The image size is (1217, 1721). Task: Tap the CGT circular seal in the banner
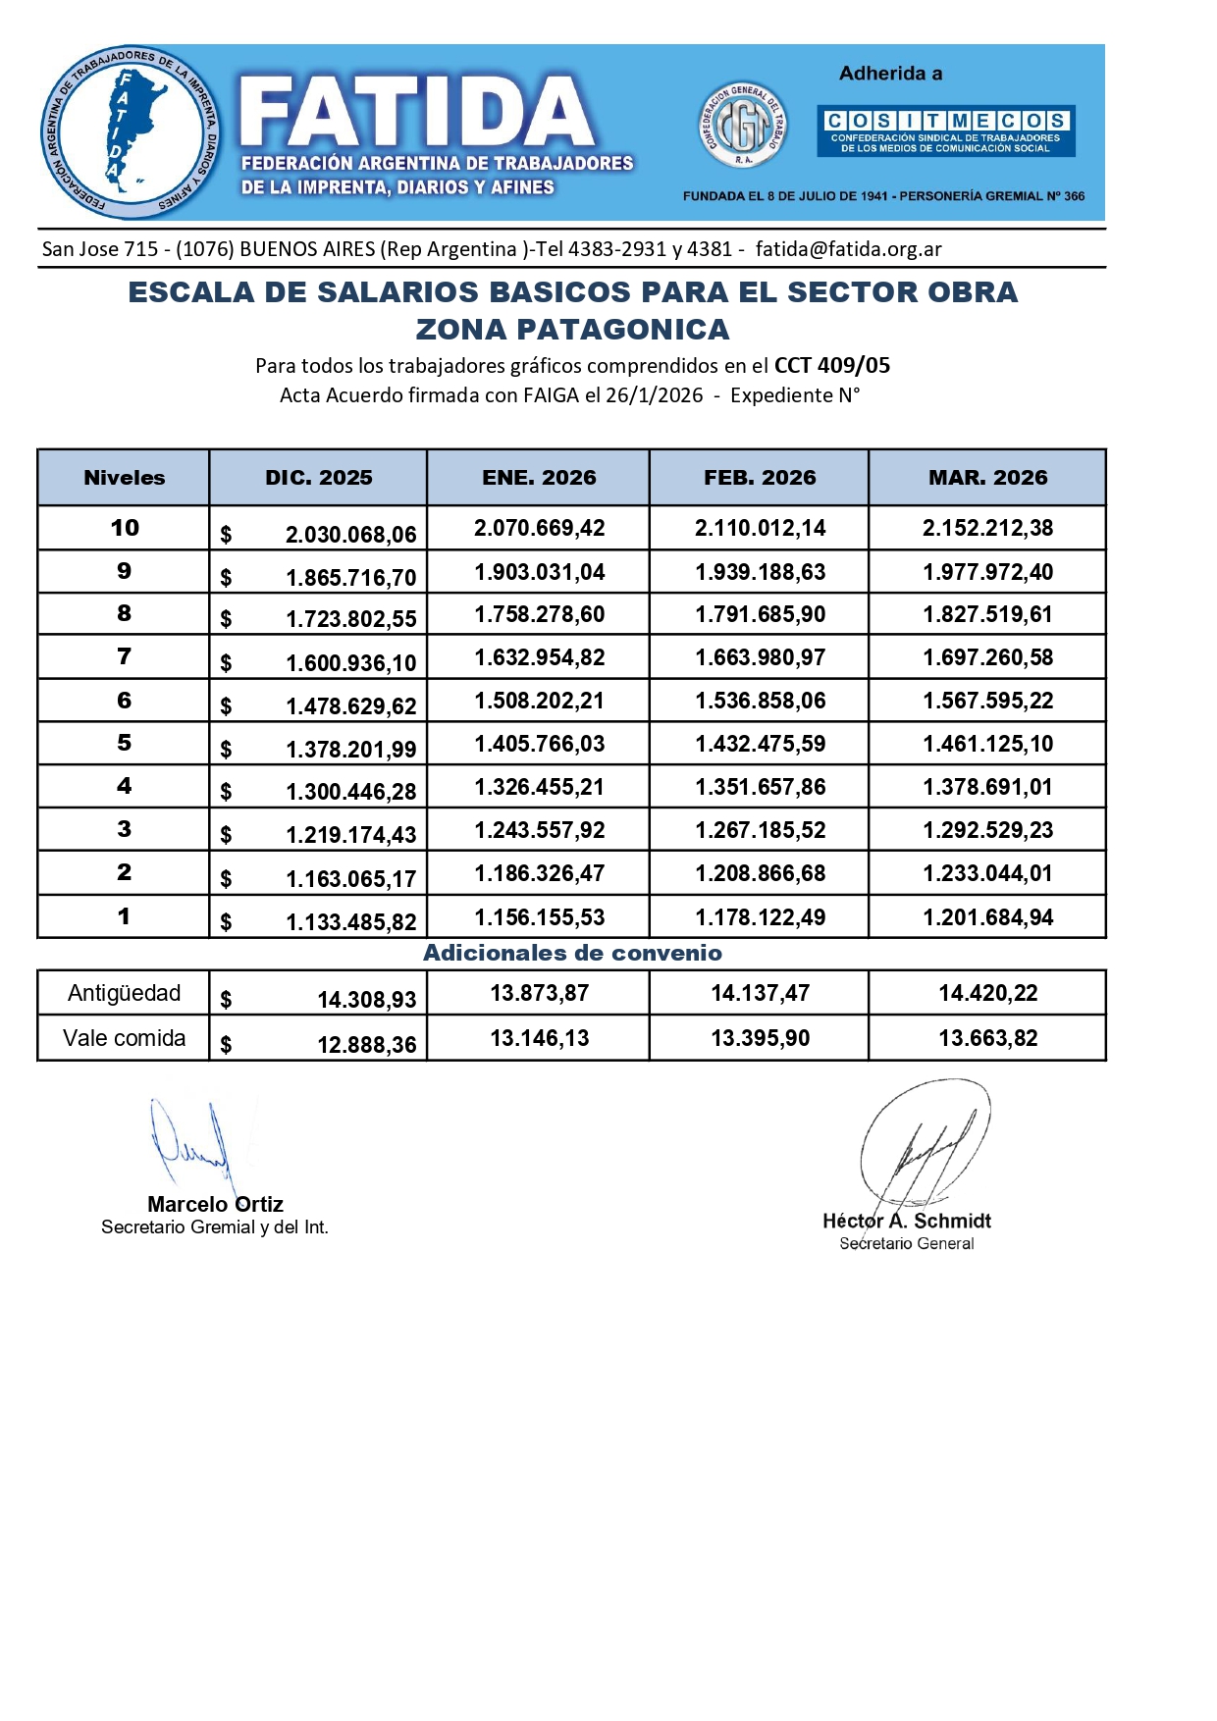click(x=742, y=126)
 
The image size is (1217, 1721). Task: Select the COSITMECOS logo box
click(x=946, y=130)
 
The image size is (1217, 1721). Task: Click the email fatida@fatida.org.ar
click(x=848, y=249)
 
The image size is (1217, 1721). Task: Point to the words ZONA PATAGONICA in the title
click(x=572, y=330)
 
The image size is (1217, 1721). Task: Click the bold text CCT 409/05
click(x=831, y=366)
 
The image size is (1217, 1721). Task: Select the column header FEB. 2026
click(x=760, y=478)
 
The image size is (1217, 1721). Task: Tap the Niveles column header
click(x=124, y=478)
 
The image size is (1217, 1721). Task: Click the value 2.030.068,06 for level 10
click(x=350, y=535)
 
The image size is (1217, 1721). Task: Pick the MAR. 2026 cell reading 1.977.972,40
click(x=987, y=572)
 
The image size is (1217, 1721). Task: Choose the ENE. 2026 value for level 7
click(x=540, y=657)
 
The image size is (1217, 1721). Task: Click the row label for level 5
click(x=124, y=743)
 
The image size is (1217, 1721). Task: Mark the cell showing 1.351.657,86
click(x=760, y=787)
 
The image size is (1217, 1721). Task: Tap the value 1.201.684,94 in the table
click(x=987, y=917)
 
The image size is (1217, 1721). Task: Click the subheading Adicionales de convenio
click(x=572, y=953)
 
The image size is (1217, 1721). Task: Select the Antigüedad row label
click(x=124, y=993)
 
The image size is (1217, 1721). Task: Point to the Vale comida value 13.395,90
click(x=760, y=1038)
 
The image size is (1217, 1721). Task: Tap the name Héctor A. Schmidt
click(x=906, y=1221)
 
